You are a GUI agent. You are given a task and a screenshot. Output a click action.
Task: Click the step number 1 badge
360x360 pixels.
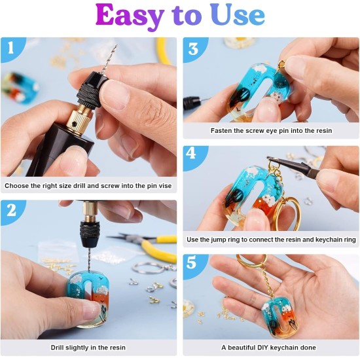coord(11,48)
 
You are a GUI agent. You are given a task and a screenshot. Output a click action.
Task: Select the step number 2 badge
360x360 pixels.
coord(11,212)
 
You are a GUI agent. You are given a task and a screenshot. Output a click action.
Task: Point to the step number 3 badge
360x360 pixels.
coord(193,48)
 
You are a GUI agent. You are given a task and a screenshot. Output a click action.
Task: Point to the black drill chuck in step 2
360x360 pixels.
coord(88,229)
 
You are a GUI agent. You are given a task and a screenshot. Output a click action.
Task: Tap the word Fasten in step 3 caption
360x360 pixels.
coord(223,131)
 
